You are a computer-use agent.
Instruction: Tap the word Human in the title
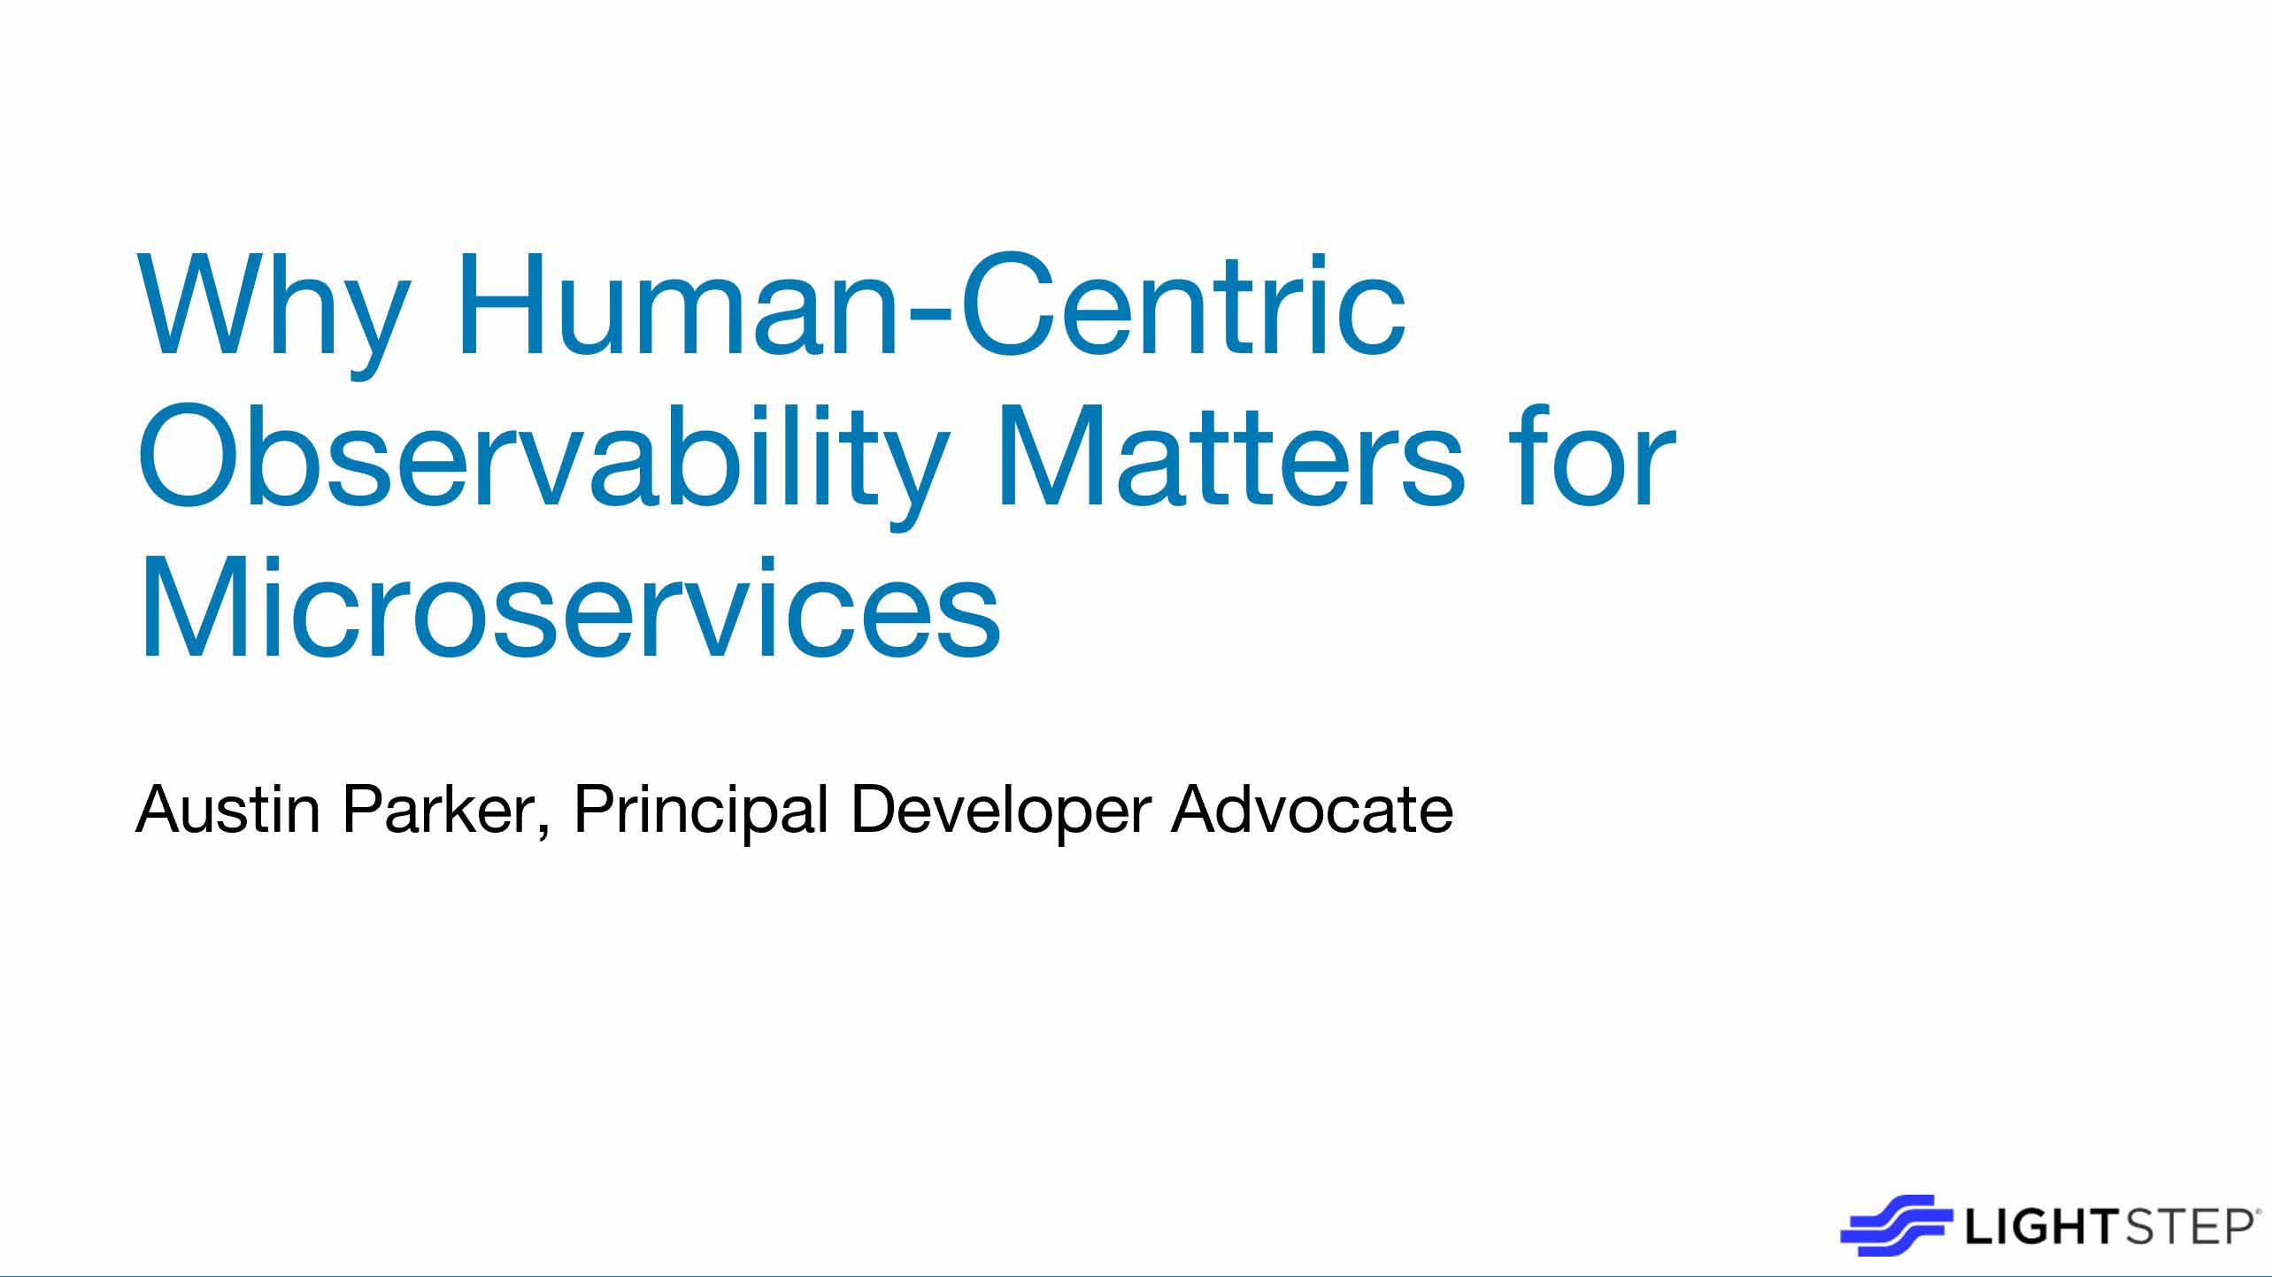(x=682, y=305)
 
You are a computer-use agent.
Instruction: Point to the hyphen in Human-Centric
(x=934, y=315)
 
